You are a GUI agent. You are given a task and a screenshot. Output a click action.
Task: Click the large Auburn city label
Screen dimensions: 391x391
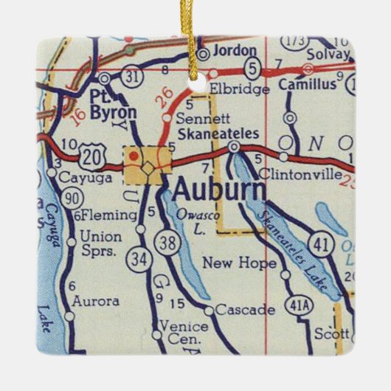coord(219,191)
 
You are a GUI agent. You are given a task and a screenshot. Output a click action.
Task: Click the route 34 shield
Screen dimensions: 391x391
coord(138,258)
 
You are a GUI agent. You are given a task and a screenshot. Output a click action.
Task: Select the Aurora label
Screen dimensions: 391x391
coord(96,301)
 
